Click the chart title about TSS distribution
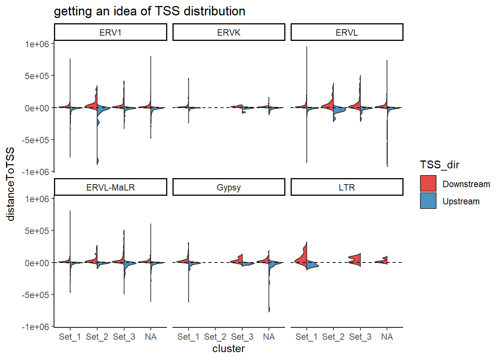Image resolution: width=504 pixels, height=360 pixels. (150, 11)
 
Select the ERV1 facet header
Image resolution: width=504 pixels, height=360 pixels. (111, 32)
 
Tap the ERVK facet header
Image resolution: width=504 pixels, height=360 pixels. (229, 32)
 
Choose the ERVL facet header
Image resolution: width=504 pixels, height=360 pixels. (347, 32)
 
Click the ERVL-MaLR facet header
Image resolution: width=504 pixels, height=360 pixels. (111, 187)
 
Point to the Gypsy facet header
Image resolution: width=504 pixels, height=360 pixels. (229, 187)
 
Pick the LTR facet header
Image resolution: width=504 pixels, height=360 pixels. (347, 187)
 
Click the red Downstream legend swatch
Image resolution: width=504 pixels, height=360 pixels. (428, 184)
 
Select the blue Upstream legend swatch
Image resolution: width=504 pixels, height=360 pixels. (428, 201)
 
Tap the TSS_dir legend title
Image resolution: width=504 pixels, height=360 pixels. (439, 165)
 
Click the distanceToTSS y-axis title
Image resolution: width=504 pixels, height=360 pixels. (10, 184)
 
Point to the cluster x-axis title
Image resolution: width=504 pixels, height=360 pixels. (228, 349)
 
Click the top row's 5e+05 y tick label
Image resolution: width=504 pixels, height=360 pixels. (37, 76)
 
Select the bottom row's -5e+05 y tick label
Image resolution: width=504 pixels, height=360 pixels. (36, 295)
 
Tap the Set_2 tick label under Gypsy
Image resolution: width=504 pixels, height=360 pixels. (215, 337)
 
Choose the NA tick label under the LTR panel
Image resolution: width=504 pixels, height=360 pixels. (387, 337)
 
